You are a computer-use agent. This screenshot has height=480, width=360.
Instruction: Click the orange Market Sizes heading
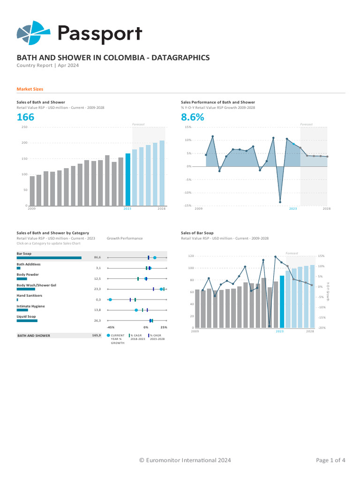click(x=30, y=89)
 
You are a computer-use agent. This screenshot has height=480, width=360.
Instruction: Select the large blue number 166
click(x=25, y=117)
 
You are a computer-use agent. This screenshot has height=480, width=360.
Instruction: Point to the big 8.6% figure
click(x=192, y=117)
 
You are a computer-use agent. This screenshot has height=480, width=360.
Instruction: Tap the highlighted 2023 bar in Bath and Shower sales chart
click(x=128, y=180)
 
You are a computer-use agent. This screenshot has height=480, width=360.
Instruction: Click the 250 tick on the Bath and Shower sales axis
click(x=24, y=127)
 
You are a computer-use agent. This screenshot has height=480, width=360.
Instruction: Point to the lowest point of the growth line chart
click(x=280, y=202)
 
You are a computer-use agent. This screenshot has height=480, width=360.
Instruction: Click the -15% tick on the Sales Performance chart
click(x=188, y=206)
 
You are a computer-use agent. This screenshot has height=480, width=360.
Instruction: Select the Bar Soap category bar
click(x=49, y=258)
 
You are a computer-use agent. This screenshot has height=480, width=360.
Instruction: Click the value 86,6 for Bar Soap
click(x=97, y=257)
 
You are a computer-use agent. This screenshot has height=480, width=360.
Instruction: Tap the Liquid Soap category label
click(x=27, y=317)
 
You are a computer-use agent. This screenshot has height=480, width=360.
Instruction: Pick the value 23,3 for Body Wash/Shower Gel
click(x=97, y=289)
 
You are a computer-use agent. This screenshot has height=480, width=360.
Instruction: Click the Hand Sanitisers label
click(x=30, y=296)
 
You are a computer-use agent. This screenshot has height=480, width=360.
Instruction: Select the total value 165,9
click(x=97, y=336)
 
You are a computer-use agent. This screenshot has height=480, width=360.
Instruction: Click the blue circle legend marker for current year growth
click(x=108, y=336)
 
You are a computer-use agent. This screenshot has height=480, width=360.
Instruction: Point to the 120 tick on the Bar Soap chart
click(x=191, y=256)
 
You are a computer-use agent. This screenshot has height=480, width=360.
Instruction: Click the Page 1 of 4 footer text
click(x=330, y=460)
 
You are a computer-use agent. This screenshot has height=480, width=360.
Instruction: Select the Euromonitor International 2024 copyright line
click(x=185, y=460)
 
